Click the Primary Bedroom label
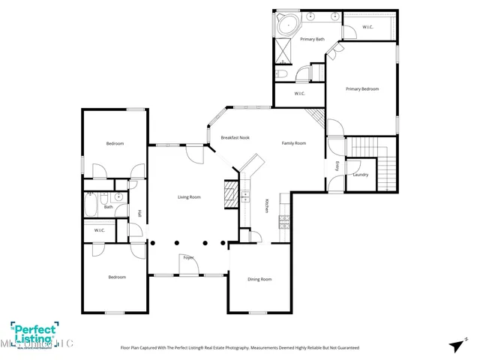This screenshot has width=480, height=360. (362, 89)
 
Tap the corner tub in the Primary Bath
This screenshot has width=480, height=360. (286, 22)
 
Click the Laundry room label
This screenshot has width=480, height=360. (360, 175)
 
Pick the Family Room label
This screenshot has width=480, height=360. (293, 142)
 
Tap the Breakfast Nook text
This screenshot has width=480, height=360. (235, 138)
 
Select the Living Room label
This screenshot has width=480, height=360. (188, 197)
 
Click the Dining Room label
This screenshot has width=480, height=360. (259, 280)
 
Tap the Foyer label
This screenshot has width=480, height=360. (188, 257)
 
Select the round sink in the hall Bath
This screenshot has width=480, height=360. (118, 199)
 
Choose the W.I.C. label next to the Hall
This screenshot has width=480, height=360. (99, 230)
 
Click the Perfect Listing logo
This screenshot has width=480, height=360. (37, 334)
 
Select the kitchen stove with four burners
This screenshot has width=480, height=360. (284, 220)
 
